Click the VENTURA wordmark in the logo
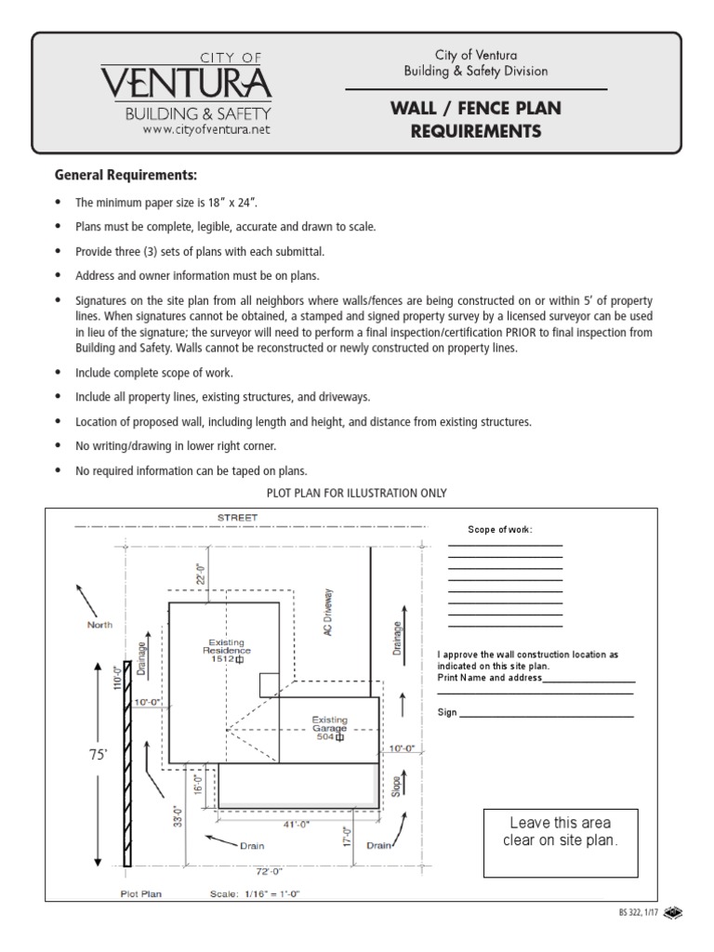[x=186, y=84]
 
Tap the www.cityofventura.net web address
[x=206, y=130]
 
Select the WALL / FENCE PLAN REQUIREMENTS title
[x=476, y=120]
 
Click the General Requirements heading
[x=126, y=175]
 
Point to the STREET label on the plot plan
[x=238, y=516]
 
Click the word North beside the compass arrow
[x=99, y=625]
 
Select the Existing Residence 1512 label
[x=227, y=650]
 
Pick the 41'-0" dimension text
[x=296, y=824]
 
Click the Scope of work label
[x=500, y=529]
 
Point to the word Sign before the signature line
[x=447, y=713]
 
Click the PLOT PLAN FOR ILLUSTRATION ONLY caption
[x=357, y=493]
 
